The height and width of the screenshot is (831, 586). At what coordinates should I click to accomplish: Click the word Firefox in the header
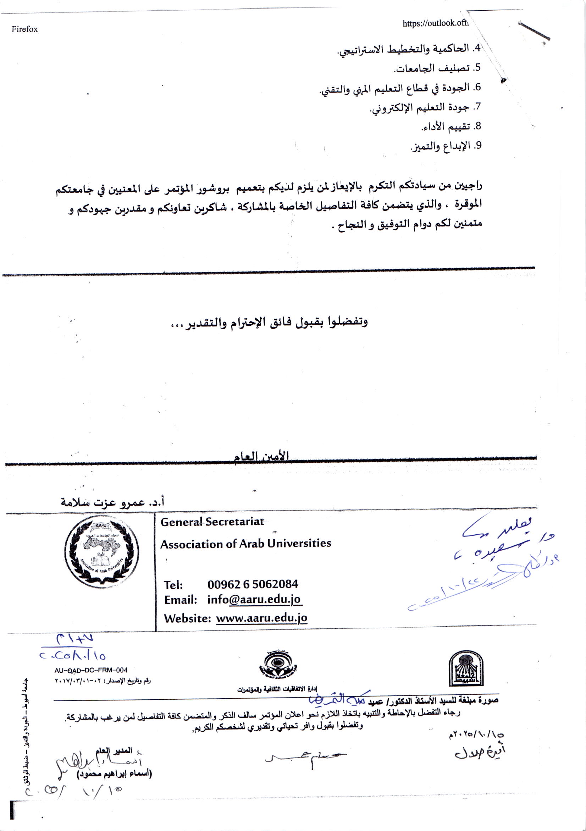click(24, 30)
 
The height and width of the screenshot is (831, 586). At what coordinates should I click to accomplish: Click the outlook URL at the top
click(435, 23)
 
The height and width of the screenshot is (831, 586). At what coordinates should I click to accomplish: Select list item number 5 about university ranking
click(437, 68)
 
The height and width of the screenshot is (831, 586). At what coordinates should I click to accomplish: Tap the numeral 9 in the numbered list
click(479, 145)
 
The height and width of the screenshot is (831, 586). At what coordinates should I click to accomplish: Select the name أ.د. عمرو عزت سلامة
click(112, 502)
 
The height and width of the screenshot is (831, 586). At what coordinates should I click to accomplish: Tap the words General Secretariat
click(212, 522)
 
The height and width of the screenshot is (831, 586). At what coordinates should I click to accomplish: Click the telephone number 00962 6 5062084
click(253, 584)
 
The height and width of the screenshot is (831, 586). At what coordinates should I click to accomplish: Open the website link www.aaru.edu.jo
click(261, 618)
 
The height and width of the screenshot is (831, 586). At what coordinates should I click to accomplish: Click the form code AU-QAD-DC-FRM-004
click(91, 670)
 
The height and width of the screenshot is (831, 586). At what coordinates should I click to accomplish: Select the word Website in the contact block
click(187, 618)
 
